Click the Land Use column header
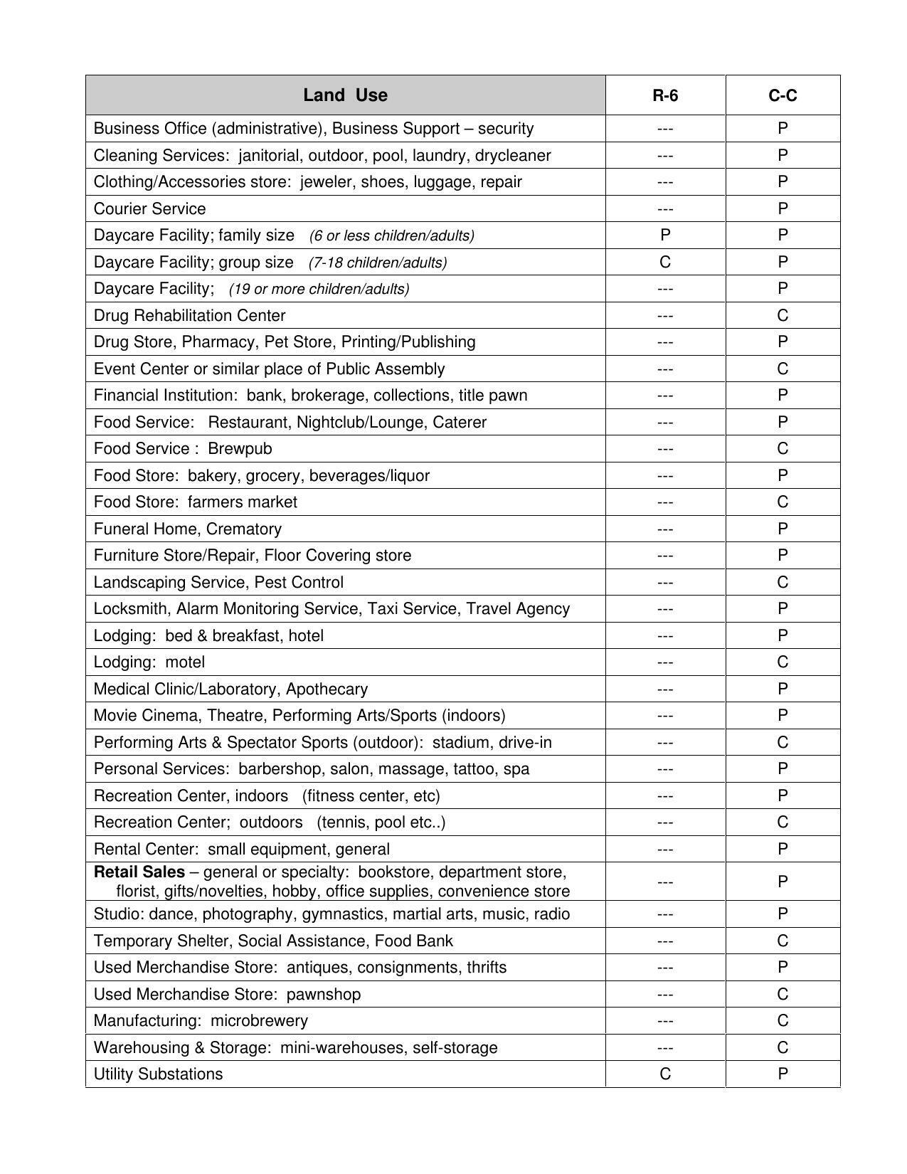click(x=345, y=95)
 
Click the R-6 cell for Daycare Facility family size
click(x=665, y=236)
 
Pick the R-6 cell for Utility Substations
click(x=665, y=1074)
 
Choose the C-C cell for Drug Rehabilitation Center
click(x=783, y=315)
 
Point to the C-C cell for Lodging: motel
click(x=783, y=662)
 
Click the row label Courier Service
click(x=150, y=209)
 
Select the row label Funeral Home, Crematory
click(x=188, y=529)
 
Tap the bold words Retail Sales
click(x=139, y=872)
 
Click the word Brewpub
click(x=240, y=449)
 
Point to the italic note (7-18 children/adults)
click(x=378, y=263)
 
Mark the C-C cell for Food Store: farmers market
click(x=783, y=502)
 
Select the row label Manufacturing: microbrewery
click(x=201, y=1021)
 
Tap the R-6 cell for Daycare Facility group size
click(x=665, y=262)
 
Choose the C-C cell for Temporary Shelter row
click(x=783, y=941)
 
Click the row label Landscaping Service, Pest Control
click(x=218, y=583)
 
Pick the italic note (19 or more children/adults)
click(x=319, y=290)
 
